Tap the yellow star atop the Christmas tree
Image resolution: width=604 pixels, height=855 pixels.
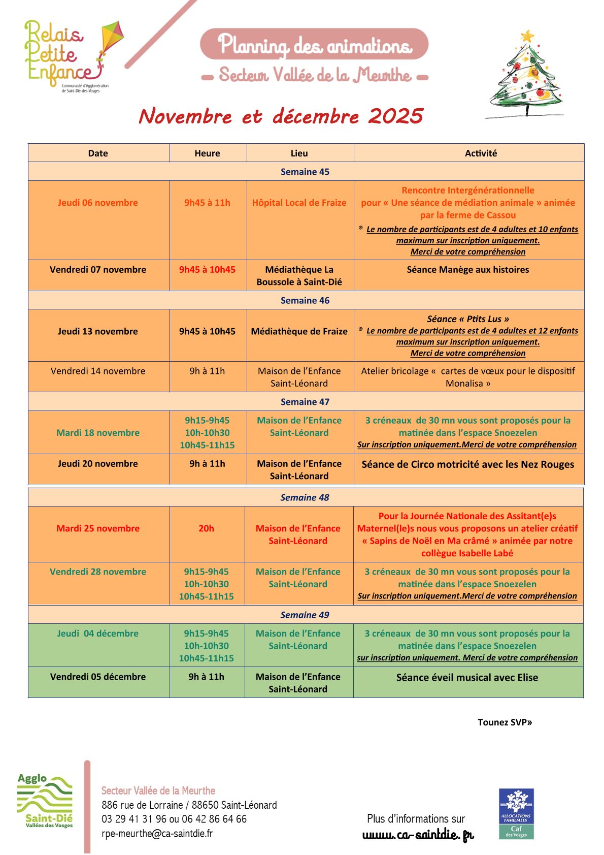[527, 37]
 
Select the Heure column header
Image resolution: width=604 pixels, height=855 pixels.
[207, 153]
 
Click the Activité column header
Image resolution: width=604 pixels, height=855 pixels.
[481, 153]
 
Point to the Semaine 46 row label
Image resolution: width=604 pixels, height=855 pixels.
[305, 300]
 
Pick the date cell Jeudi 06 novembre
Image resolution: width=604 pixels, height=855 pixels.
[98, 203]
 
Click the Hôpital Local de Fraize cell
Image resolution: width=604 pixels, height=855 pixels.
[299, 203]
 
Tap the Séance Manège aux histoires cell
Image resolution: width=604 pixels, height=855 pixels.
[467, 270]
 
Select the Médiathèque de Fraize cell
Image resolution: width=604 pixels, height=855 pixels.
[299, 331]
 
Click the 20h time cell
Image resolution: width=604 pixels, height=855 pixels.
[206, 528]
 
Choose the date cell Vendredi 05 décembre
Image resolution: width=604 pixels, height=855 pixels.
[98, 677]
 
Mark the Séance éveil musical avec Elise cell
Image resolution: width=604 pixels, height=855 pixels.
[467, 678]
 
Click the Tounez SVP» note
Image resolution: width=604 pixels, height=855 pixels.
[505, 722]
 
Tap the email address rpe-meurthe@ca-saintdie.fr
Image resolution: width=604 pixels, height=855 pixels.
[157, 834]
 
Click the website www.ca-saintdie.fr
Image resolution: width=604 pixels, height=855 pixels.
[418, 835]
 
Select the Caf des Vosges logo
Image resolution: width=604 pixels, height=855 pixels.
[516, 813]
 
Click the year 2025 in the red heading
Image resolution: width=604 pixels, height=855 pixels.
[396, 116]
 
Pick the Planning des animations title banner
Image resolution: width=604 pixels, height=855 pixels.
[314, 45]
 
